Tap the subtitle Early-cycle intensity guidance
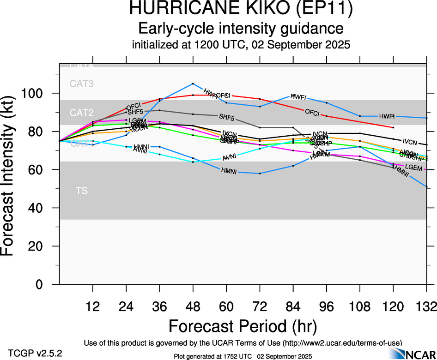click(241, 29)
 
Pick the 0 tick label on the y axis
click(45, 285)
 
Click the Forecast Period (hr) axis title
click(242, 326)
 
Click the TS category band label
click(82, 190)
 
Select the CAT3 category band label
click(82, 84)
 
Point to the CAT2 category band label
click(82, 113)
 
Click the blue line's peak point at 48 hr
click(193, 84)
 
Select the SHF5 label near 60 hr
click(226, 118)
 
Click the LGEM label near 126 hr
click(413, 168)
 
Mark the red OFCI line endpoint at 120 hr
click(393, 127)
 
